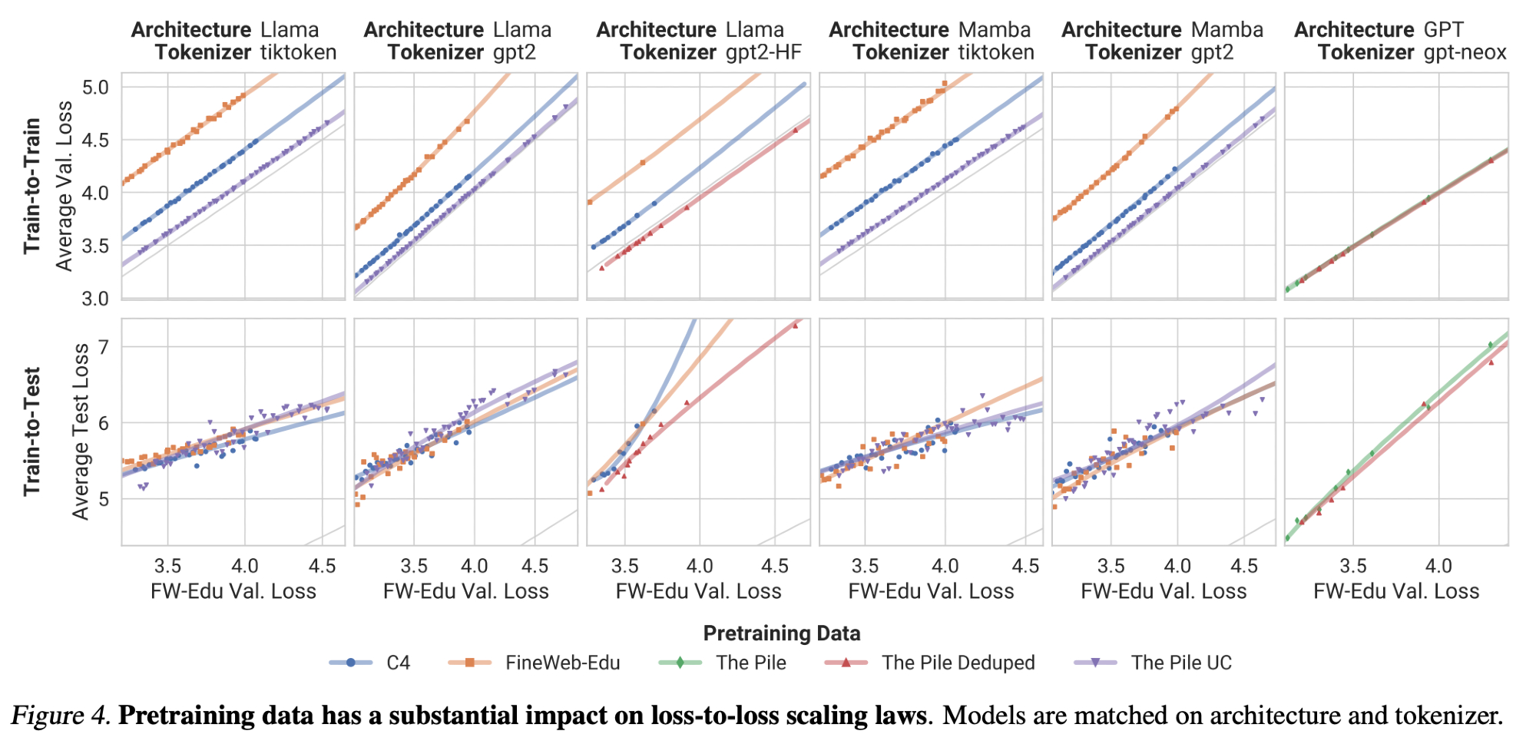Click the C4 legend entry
398,663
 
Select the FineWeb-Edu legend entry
562,663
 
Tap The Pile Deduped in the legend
958,663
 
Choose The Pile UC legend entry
1180,663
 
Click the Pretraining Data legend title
782,633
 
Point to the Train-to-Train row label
31,185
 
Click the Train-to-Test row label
31,432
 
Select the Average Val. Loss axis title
65,185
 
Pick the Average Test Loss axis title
81,432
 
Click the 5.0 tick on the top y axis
95,87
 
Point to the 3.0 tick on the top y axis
95,298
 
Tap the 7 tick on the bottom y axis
104,346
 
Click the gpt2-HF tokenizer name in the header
763,52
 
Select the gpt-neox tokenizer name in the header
1465,52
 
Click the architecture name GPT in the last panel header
1443,30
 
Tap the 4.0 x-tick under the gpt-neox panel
1438,566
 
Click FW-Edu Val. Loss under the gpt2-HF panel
698,591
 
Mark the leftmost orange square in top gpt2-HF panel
590,202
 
